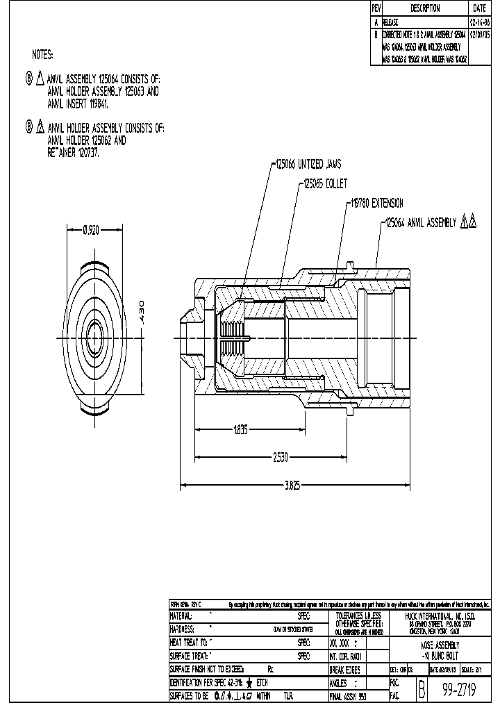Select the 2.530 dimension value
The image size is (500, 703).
(x=280, y=457)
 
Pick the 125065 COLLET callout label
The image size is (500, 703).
(x=325, y=185)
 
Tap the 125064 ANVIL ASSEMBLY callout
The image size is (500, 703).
(x=421, y=223)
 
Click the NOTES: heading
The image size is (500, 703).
(x=42, y=54)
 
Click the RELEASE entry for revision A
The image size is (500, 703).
(x=390, y=22)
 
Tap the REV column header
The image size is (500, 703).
(x=376, y=8)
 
